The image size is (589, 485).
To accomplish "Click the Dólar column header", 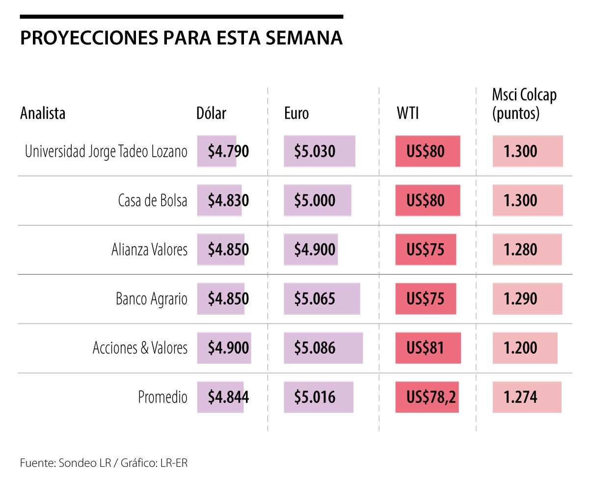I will (x=211, y=113).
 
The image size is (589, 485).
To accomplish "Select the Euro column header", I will (x=296, y=113).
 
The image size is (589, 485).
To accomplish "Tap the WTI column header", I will (x=407, y=113).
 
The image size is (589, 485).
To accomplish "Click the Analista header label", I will (x=43, y=113).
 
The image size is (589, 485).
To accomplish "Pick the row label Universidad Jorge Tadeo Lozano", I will (x=106, y=152).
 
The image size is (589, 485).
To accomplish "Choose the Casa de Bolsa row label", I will (x=153, y=201).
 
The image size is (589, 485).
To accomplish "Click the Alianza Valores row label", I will (x=149, y=250).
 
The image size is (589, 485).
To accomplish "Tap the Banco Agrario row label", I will (x=152, y=299).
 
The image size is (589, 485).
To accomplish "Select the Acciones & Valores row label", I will (x=140, y=348).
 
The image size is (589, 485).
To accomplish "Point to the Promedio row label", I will (x=162, y=397).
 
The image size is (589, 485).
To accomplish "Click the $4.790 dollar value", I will (x=228, y=152).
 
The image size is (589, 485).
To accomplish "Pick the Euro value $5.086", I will (x=315, y=348).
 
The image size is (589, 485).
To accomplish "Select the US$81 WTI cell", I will (x=425, y=348).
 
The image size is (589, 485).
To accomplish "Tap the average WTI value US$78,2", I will (x=431, y=397).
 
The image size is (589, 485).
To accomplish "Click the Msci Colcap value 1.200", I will (x=520, y=348).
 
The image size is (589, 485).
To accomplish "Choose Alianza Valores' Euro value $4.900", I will (x=315, y=250).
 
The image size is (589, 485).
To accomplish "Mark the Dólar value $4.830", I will (x=228, y=201).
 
